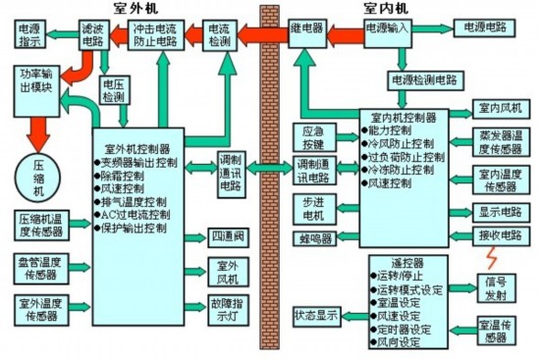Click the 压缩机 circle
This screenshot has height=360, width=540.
point(40,173)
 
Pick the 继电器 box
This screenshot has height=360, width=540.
point(307,32)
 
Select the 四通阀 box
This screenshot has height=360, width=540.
point(227,237)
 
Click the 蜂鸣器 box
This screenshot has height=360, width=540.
point(314,238)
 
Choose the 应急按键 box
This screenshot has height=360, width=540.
point(313,136)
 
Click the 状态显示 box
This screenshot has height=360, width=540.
point(316,315)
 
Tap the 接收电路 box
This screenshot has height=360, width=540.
point(501,236)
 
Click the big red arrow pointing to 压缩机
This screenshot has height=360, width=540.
point(38,128)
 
